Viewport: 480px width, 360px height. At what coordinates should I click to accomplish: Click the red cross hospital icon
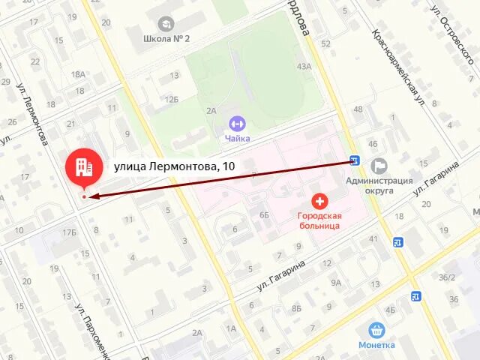tap(320, 201)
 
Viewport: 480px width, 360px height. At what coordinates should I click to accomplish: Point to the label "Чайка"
tap(237, 138)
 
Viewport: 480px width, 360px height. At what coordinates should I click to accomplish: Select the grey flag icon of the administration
tap(379, 165)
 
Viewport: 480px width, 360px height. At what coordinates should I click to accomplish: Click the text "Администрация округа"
tap(379, 185)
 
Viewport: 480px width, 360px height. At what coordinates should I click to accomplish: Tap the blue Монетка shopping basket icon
tap(376, 329)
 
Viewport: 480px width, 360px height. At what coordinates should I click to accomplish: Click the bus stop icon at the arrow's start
tap(354, 160)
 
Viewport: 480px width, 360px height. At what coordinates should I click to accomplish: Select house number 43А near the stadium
tap(304, 66)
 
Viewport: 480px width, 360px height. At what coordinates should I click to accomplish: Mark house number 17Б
tap(70, 233)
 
